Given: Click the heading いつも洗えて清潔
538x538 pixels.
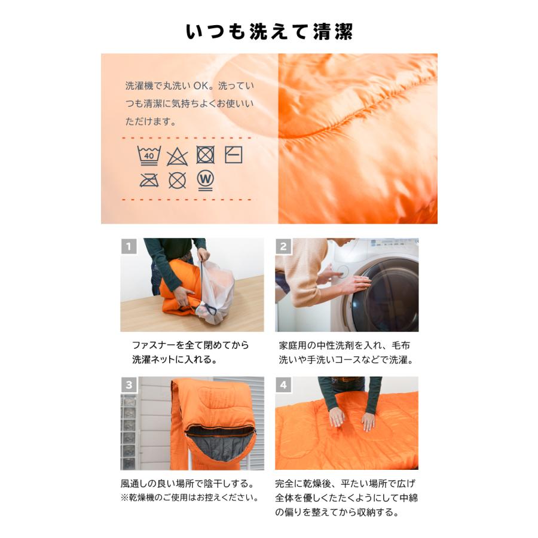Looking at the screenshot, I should (269, 32).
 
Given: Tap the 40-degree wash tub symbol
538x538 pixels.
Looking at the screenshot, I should (148, 155).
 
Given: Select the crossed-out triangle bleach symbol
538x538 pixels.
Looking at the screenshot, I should (177, 157).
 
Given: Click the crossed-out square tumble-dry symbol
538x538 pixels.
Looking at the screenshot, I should (205, 155).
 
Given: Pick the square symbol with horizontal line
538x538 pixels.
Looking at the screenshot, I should (233, 155).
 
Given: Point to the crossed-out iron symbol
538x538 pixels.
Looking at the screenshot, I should (148, 180).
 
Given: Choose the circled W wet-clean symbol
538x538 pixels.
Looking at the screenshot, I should (205, 179).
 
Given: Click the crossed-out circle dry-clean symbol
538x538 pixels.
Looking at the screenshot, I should (177, 180).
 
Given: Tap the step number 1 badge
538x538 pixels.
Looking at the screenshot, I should (129, 246).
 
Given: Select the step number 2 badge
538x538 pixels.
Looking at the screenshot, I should (283, 246).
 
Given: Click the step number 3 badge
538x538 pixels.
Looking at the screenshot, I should (129, 384).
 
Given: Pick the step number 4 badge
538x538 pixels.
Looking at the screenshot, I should (283, 384).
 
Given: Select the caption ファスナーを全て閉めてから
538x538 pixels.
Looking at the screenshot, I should (190, 346).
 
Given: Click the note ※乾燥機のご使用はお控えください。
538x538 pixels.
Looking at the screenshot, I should (189, 497).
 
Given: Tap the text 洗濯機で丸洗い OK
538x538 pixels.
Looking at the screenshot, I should (169, 85).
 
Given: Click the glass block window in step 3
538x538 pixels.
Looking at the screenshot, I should (129, 430).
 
